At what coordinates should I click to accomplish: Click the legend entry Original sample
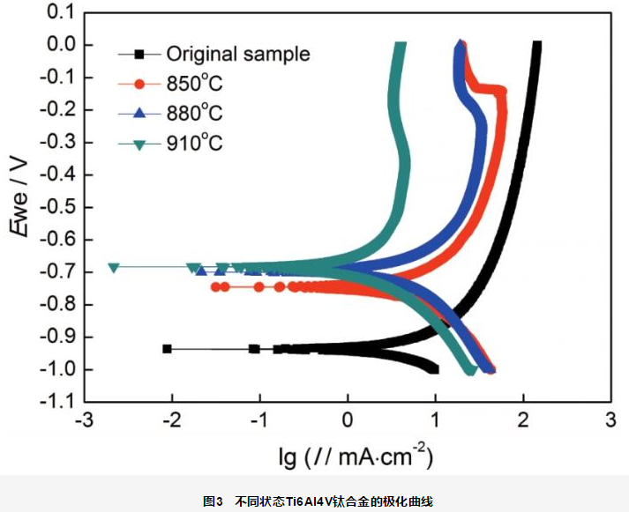point(238,54)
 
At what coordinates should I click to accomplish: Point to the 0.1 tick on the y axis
point(57,12)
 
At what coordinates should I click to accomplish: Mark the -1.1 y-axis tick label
point(55,402)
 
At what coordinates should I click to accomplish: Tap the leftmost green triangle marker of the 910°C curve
point(113,267)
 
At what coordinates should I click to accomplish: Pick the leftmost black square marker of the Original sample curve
point(167,349)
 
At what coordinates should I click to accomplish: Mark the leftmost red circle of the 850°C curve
point(215,287)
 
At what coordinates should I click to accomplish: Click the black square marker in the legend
point(139,54)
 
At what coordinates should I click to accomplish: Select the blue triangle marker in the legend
point(139,113)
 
